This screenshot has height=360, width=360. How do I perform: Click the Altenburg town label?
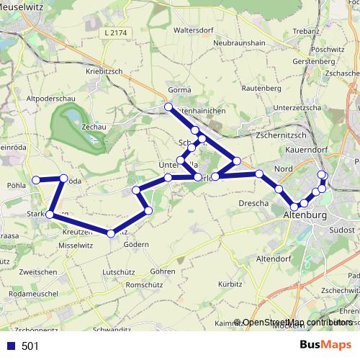click(306, 215)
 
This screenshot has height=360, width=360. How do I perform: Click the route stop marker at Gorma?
click(168, 107)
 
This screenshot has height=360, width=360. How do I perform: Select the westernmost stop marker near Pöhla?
click(36, 180)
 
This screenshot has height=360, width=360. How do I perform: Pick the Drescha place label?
click(253, 204)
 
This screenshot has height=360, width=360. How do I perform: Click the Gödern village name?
click(135, 245)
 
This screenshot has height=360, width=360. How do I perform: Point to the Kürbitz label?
click(229, 284)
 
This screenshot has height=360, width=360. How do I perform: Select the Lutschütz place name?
click(120, 272)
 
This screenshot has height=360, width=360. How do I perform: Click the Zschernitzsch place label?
click(282, 135)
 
